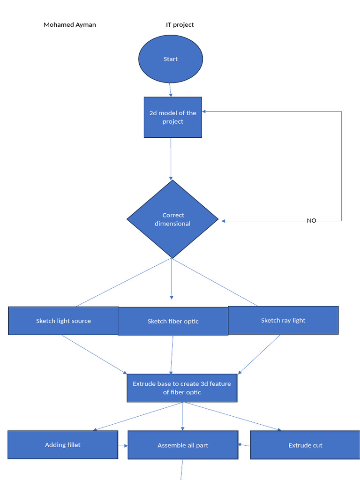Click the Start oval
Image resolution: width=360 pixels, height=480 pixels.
(x=171, y=59)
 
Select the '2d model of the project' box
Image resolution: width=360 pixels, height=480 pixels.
(x=172, y=117)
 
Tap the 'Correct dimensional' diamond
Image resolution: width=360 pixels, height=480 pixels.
(x=172, y=219)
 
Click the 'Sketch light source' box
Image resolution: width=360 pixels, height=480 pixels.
(x=63, y=321)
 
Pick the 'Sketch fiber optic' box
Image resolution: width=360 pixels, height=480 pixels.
(x=173, y=321)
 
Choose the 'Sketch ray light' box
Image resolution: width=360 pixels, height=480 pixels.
(x=283, y=320)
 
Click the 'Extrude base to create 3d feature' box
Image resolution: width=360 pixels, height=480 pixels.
(x=182, y=388)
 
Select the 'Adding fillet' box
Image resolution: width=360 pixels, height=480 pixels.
(x=63, y=444)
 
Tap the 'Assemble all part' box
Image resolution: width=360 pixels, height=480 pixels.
(x=183, y=445)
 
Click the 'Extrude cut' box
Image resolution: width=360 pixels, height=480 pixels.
(x=305, y=445)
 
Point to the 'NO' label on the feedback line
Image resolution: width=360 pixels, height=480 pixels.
(x=311, y=220)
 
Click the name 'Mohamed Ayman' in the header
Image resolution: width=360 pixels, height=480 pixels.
(x=70, y=25)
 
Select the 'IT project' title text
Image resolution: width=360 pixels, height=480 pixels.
(x=180, y=25)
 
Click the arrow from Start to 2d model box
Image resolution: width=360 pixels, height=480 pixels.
(x=171, y=90)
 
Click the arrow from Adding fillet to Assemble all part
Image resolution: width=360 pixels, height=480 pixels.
(x=123, y=445)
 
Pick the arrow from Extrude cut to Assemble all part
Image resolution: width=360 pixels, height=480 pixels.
(x=244, y=444)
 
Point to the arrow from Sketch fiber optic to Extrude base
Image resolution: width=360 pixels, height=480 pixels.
(x=172, y=354)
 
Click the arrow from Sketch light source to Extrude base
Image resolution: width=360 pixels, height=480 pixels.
(x=94, y=354)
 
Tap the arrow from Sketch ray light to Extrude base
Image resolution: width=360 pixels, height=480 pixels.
(x=260, y=354)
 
